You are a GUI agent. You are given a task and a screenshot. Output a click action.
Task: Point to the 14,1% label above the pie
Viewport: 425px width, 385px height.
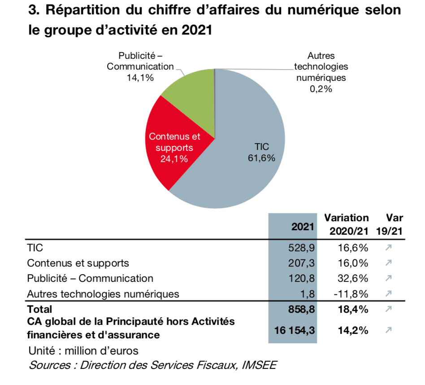140,77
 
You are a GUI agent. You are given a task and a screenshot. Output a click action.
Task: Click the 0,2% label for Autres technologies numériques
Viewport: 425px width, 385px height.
321,88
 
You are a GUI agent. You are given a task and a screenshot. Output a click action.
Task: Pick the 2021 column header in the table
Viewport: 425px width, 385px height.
303,227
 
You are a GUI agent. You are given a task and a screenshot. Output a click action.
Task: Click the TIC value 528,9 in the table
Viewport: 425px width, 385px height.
300,248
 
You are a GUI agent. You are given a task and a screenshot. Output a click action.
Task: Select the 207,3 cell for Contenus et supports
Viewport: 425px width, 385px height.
300,263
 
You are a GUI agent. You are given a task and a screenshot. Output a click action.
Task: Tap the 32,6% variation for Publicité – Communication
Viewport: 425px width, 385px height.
353,278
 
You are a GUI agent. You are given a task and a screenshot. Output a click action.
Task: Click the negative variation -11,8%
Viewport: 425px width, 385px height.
351,294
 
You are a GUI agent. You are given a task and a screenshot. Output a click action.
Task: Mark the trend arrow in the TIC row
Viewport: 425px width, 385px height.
388,248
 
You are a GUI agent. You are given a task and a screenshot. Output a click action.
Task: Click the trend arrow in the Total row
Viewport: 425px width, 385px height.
388,309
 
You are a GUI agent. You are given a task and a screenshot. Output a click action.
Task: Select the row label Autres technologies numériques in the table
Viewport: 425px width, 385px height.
103,294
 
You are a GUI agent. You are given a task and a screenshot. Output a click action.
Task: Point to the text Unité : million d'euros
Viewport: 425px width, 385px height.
83,350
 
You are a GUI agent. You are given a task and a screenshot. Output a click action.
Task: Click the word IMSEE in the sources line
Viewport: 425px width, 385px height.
259,364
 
